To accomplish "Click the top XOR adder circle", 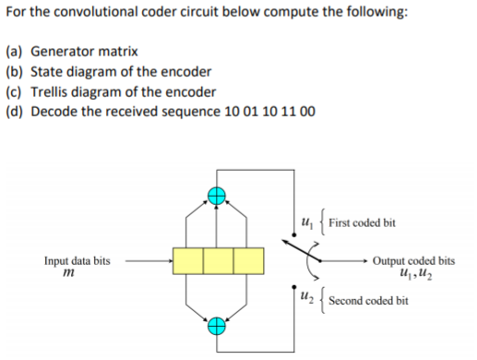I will [x=218, y=196].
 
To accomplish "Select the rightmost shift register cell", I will [x=248, y=261].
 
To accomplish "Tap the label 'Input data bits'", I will [x=77, y=261].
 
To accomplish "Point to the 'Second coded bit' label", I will [x=368, y=300].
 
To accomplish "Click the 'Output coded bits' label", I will [x=414, y=261].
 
